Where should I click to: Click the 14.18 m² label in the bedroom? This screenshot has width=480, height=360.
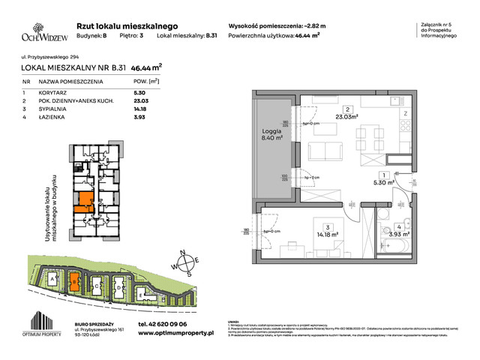point(327,234)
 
